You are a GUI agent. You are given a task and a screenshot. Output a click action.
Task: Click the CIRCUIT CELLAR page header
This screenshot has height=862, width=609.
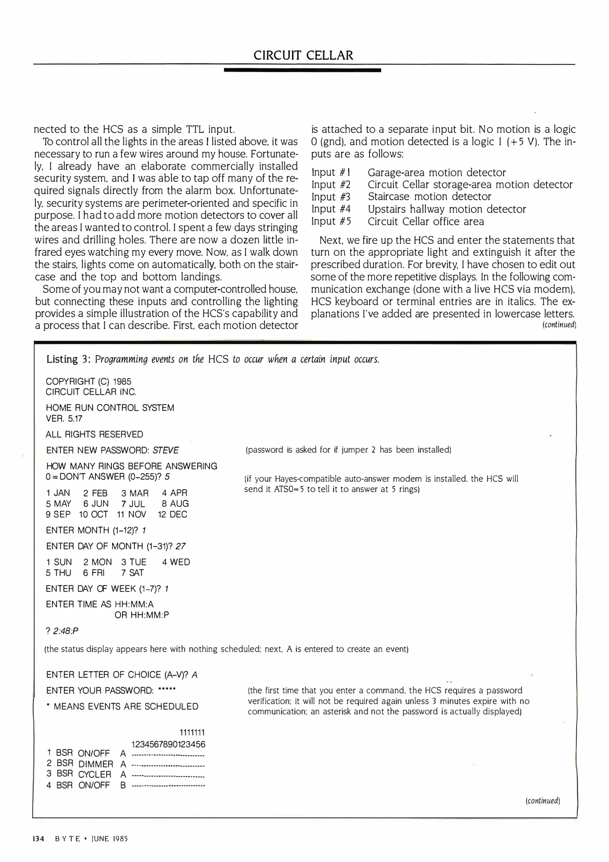coord(303,55)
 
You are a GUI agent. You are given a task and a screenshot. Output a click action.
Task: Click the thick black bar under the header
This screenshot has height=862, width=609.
coord(302,70)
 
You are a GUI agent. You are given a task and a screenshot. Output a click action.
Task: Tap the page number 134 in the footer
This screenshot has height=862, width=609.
coord(38,838)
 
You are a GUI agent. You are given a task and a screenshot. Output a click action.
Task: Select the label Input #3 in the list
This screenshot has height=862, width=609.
coord(331,197)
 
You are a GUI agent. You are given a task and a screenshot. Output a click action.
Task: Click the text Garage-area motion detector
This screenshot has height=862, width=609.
coord(437,172)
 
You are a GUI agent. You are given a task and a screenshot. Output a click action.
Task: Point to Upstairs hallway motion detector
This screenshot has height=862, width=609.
coord(447,209)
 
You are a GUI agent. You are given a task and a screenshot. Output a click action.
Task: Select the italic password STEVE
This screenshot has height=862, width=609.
coord(166,450)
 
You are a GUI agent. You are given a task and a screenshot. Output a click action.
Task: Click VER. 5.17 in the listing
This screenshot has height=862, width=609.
coord(64,418)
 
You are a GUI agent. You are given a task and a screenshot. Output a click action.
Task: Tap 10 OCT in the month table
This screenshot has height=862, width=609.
coord(93,514)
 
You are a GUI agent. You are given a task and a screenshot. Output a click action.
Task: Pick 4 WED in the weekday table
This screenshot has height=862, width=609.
coord(176,562)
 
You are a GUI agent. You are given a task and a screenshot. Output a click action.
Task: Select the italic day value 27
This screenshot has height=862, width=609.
coord(180,546)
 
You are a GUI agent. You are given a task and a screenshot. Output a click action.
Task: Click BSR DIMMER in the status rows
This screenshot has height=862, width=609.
coord(85,764)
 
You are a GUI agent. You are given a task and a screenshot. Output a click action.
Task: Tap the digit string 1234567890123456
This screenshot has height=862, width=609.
coord(168,744)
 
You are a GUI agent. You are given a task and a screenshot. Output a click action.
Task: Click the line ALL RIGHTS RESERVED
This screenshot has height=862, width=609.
coord(94,434)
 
